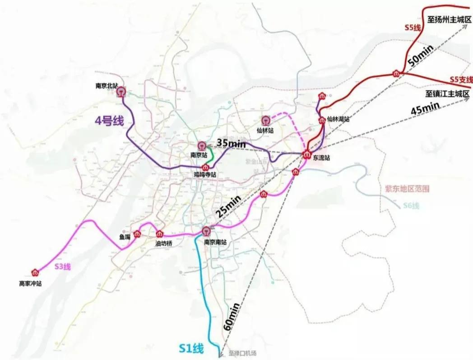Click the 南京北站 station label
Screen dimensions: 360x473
pyautogui.click(x=107, y=85)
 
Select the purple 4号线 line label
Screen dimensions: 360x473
pyautogui.click(x=108, y=121)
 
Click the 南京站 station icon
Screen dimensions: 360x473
pyautogui.click(x=202, y=146)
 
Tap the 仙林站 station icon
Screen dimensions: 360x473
pyautogui.click(x=265, y=121)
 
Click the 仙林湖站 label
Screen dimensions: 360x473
pyautogui.click(x=339, y=119)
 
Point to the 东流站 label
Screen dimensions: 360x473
pyautogui.click(x=321, y=158)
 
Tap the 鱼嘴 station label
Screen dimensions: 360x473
pyautogui.click(x=125, y=236)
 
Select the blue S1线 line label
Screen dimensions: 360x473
pyautogui.click(x=190, y=349)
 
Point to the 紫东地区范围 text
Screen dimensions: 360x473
pyautogui.click(x=407, y=189)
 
